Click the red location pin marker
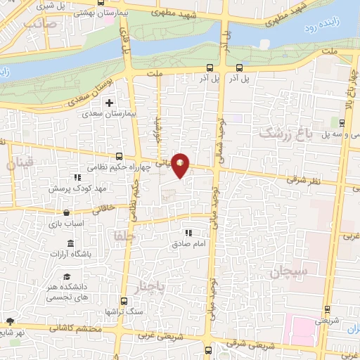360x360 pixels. click(181, 165)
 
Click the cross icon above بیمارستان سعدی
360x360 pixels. click(108, 103)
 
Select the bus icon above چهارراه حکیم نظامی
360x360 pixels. click(117, 157)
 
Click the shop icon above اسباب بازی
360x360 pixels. click(65, 212)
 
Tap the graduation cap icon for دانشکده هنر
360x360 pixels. click(66, 278)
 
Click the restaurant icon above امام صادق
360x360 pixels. click(187, 233)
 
